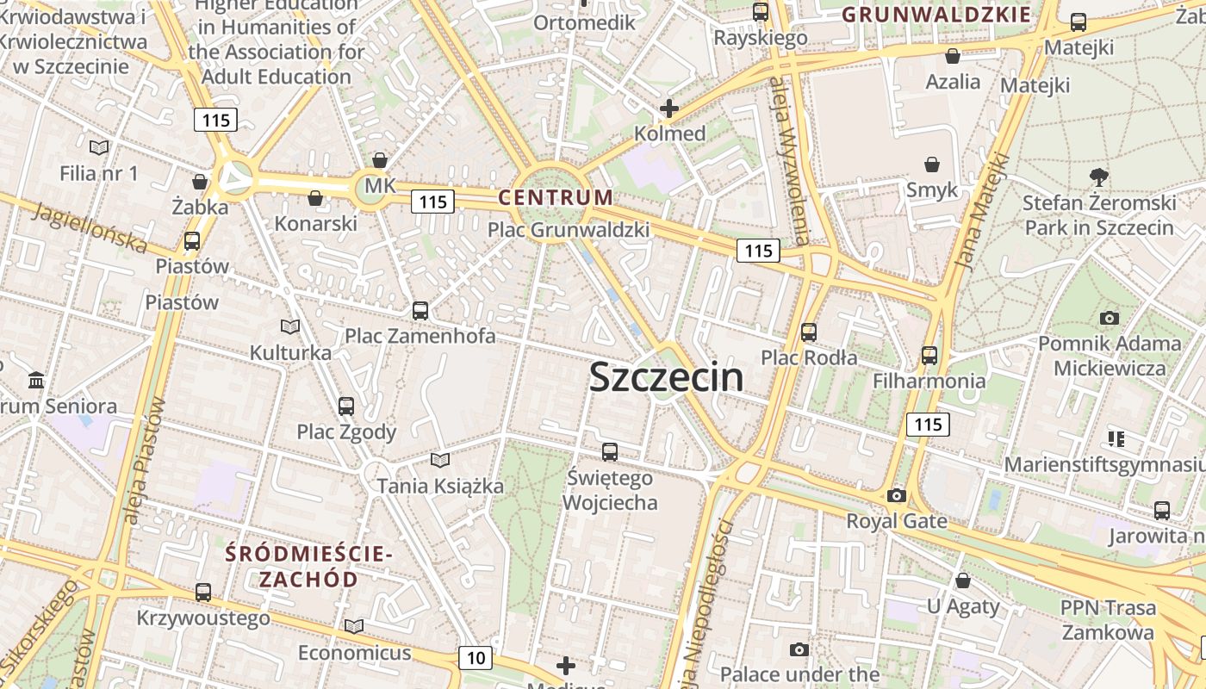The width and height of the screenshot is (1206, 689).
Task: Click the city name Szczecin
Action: pos(666,377)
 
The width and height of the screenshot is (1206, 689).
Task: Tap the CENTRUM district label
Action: pos(556,197)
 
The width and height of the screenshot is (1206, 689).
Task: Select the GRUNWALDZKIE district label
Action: pos(936,15)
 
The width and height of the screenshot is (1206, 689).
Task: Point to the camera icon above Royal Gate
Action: pos(897,496)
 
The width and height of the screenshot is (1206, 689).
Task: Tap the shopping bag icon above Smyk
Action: pos(932,164)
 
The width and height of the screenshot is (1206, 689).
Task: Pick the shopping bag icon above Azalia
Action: pos(953,56)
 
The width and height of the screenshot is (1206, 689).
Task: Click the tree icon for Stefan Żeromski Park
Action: pos(1098,177)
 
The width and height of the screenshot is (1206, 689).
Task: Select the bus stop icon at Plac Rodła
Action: pos(808,332)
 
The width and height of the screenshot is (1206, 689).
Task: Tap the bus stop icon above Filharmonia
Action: pos(929,355)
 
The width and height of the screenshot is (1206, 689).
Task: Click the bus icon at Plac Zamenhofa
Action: pos(420,310)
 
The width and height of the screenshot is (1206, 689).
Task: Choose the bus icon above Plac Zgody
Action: pos(346,406)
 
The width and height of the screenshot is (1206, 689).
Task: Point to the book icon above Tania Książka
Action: pos(440,461)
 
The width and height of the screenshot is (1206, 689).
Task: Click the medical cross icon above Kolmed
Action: pos(669,109)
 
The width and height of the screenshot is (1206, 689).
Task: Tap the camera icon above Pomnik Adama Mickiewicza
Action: pos(1110,318)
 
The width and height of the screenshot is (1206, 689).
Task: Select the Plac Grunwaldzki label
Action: pos(569,230)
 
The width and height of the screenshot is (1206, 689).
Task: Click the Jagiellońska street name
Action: pos(90,227)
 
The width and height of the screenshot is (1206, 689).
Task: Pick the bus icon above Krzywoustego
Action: pos(203,592)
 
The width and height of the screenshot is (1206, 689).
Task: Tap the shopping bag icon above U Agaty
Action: pos(963,580)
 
